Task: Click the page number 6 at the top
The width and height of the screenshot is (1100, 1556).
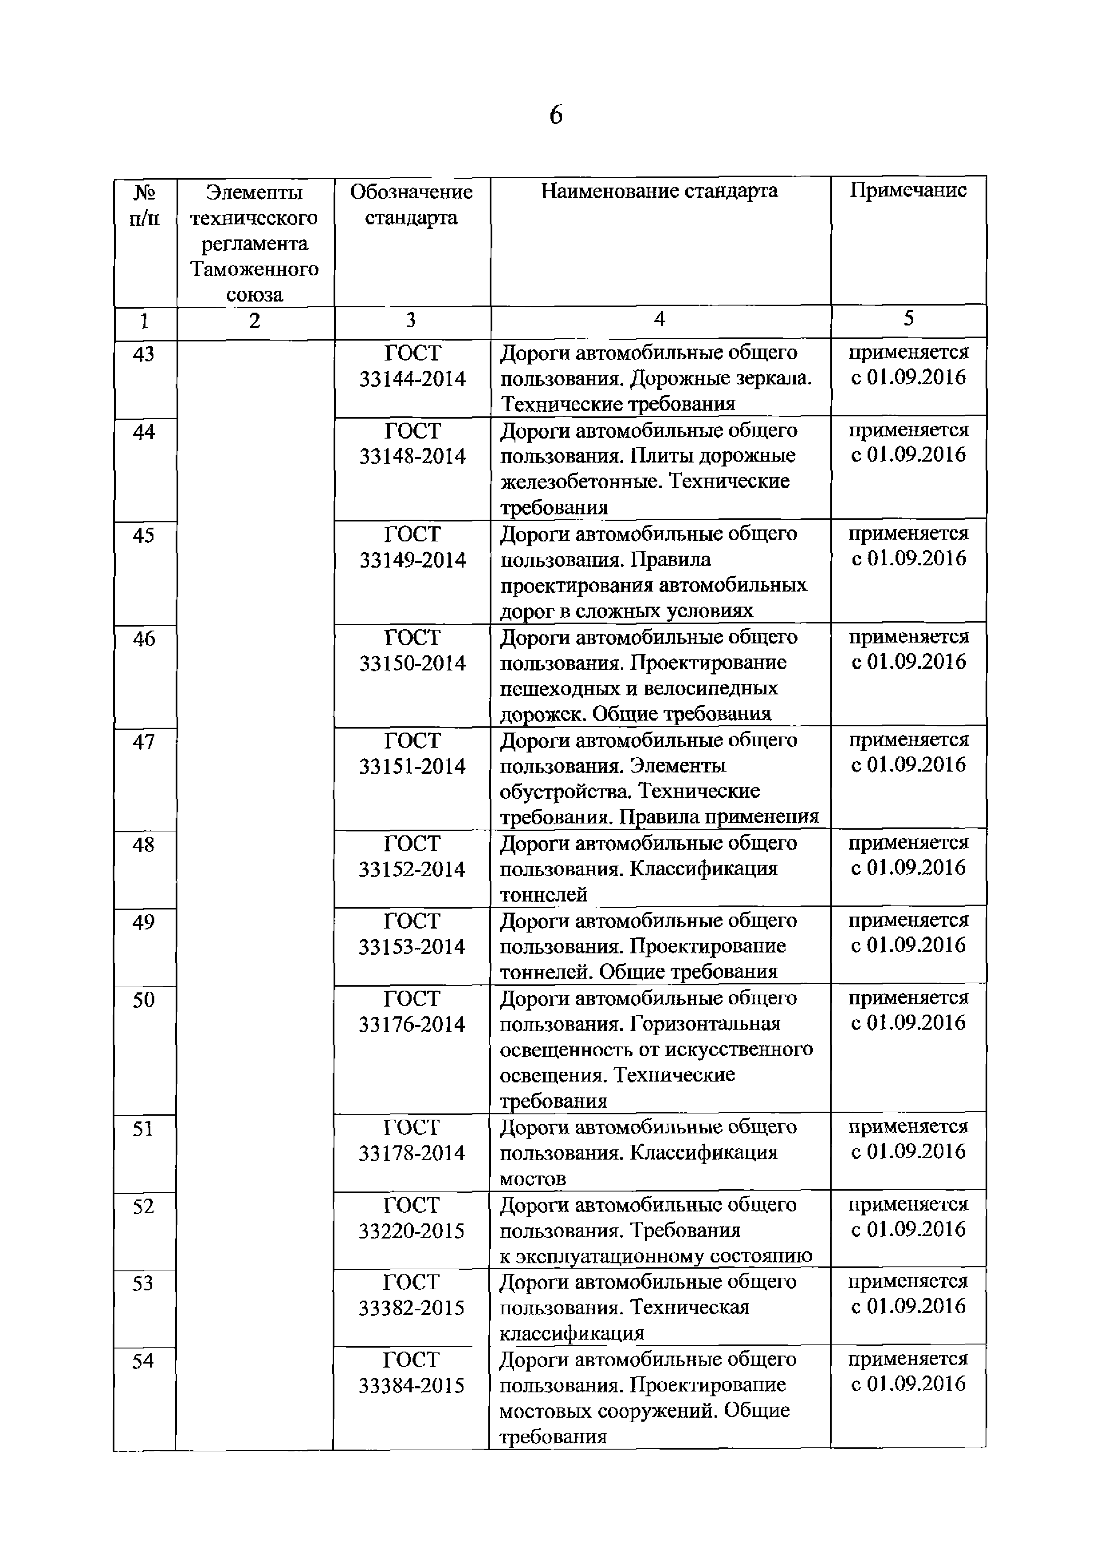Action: pyautogui.click(x=555, y=116)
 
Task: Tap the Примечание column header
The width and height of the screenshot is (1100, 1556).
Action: pyautogui.click(x=908, y=190)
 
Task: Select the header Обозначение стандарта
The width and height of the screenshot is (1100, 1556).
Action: pyautogui.click(x=412, y=205)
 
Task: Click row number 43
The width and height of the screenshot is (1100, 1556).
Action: pyautogui.click(x=144, y=354)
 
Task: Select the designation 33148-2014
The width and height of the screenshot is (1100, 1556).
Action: pyautogui.click(x=412, y=457)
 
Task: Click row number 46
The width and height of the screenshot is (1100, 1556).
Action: pyautogui.click(x=144, y=639)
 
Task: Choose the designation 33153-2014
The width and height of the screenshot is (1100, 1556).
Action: pyautogui.click(x=412, y=947)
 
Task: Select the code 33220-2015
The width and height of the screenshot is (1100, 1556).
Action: pyautogui.click(x=412, y=1231)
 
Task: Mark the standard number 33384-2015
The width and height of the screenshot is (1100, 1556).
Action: pyautogui.click(x=412, y=1386)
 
